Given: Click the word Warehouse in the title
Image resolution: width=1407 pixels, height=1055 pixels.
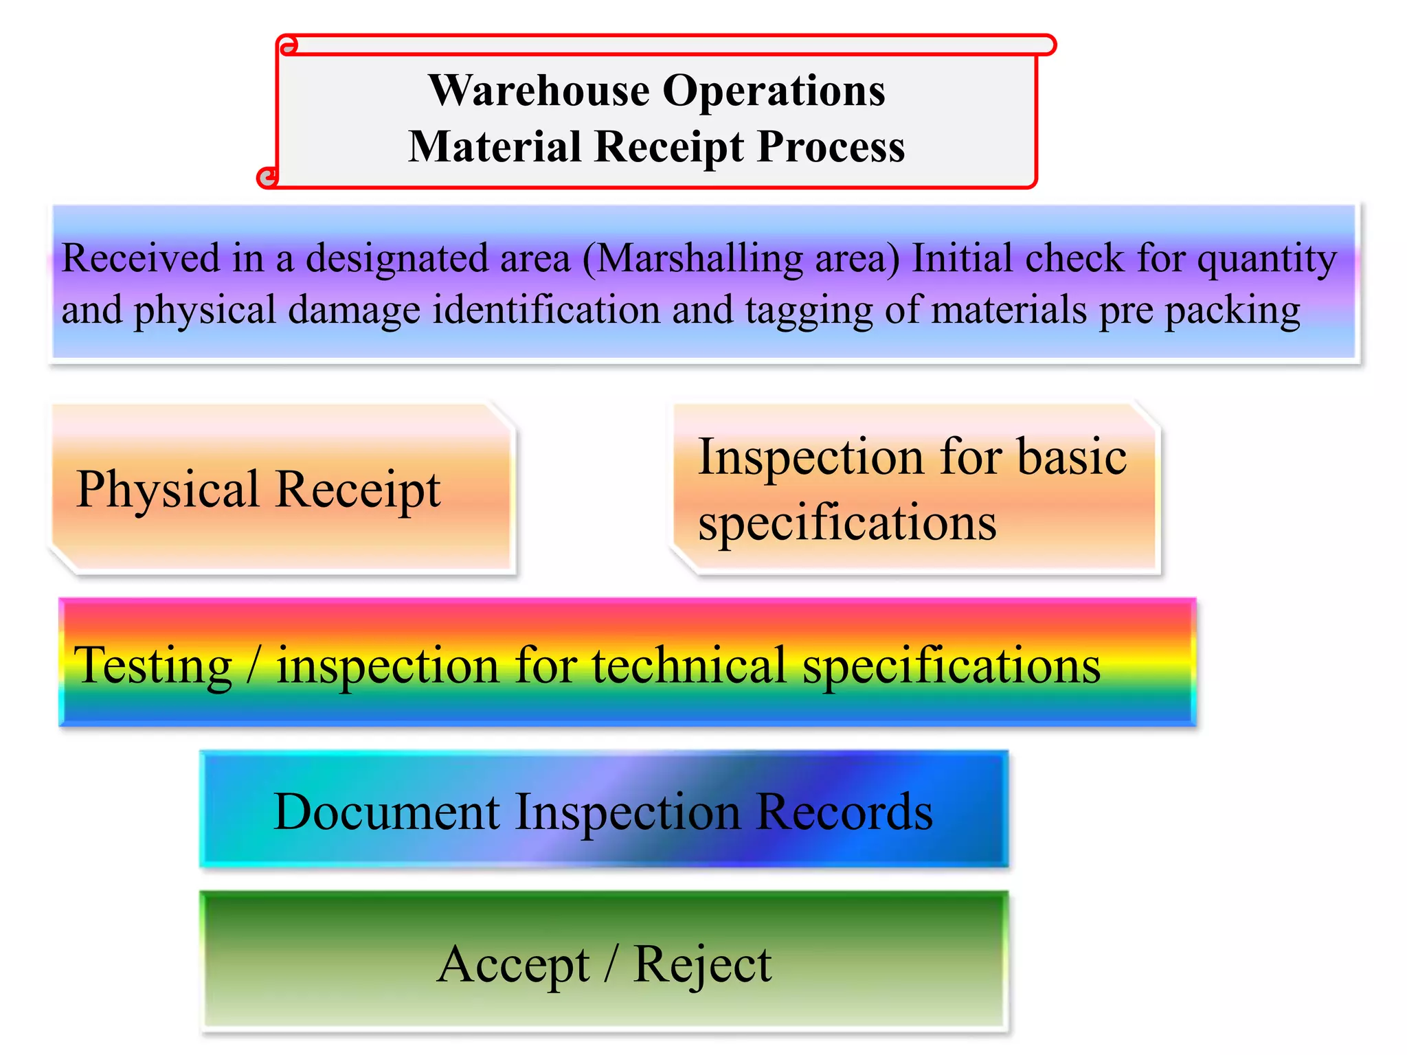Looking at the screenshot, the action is tap(539, 91).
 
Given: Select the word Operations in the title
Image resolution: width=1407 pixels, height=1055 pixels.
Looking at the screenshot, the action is tap(774, 91).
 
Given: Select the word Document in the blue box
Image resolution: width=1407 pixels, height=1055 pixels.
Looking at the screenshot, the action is tap(386, 813).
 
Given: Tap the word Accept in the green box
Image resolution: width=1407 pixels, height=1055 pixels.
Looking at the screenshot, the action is tap(513, 966).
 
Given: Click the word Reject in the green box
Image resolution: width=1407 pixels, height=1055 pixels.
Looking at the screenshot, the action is tap(702, 966).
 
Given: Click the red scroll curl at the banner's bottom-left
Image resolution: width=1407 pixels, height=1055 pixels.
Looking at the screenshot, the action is tap(267, 177).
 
